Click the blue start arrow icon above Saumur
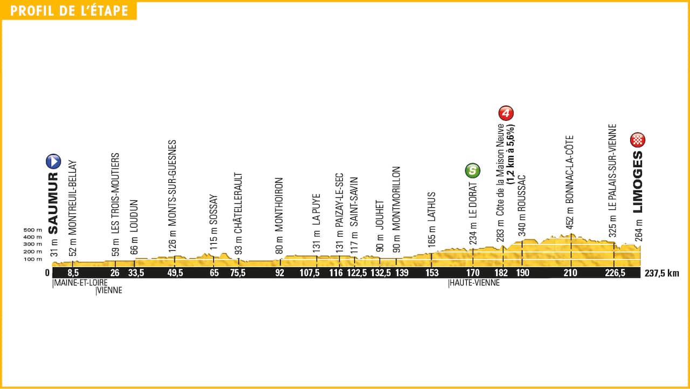[x=53, y=161]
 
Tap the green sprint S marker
[x=472, y=171]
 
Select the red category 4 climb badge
[x=505, y=113]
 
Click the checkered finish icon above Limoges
[x=638, y=141]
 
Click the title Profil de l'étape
[x=69, y=11]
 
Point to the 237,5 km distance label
[x=662, y=273]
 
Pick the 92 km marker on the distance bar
[x=280, y=273]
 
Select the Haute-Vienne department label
[x=474, y=282]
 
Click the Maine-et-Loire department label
[x=80, y=282]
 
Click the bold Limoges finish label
[x=639, y=181]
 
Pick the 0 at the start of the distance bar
[x=47, y=273]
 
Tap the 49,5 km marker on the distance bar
[x=175, y=273]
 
